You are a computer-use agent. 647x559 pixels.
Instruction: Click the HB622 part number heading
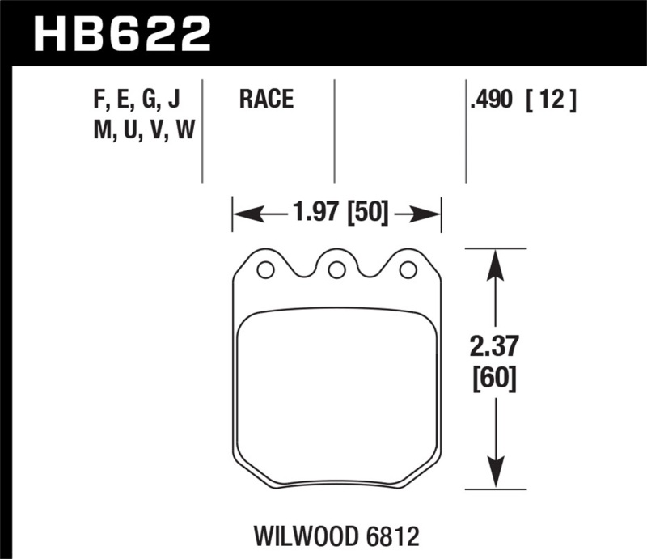coord(121,34)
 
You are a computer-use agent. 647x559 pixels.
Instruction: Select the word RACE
coord(266,100)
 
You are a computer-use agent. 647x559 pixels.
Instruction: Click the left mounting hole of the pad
coord(264,270)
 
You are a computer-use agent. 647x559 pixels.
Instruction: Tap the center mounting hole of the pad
coord(336,270)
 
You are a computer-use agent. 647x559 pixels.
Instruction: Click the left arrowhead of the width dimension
coord(243,214)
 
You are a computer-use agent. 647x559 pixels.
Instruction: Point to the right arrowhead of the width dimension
coord(430,214)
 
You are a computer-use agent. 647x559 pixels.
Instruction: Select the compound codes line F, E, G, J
coord(137,100)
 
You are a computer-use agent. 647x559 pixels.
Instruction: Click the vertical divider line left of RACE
coord(202,129)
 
